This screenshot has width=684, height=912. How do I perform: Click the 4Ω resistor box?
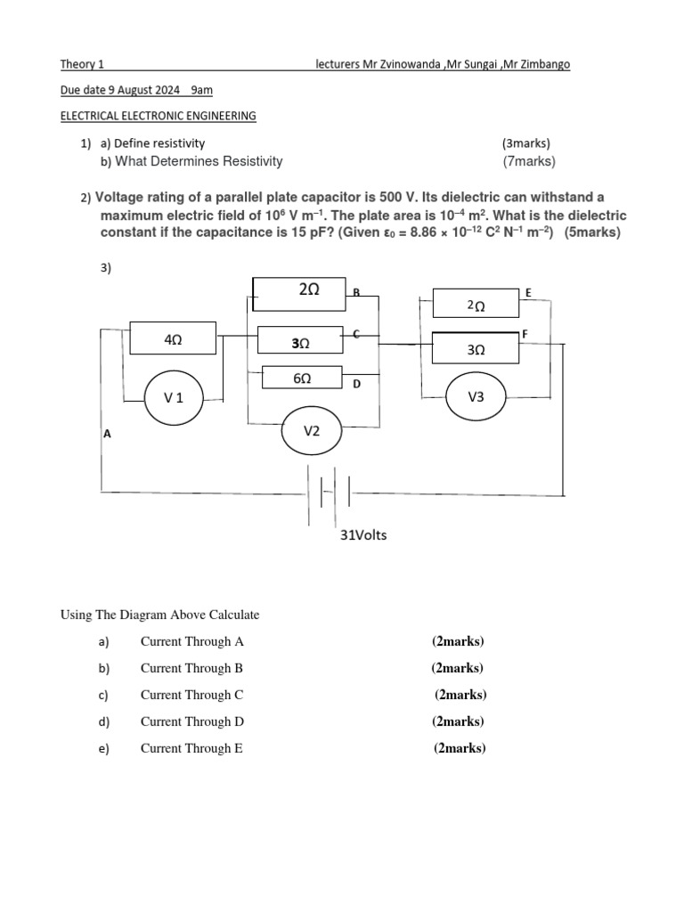[173, 338]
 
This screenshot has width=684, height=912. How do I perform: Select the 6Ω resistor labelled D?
[302, 378]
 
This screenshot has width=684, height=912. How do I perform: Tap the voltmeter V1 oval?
[174, 397]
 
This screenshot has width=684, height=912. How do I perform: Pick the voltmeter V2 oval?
[312, 431]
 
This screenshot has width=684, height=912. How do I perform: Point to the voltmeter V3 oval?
[476, 397]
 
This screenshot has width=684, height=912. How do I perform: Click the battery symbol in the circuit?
[330, 493]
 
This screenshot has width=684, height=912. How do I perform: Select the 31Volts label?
[363, 535]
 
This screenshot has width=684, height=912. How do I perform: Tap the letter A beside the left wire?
[107, 434]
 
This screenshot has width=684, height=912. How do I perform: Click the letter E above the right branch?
[528, 292]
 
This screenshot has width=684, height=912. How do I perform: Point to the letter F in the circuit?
[525, 332]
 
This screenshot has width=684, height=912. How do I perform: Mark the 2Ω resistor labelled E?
[476, 304]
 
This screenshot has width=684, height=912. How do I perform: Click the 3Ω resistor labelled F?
[476, 348]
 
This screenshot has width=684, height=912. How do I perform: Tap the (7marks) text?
[529, 161]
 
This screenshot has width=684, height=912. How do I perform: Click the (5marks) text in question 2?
[592, 233]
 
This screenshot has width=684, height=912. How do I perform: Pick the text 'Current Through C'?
[191, 695]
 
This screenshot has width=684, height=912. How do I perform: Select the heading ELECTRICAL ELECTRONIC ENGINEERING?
[158, 116]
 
